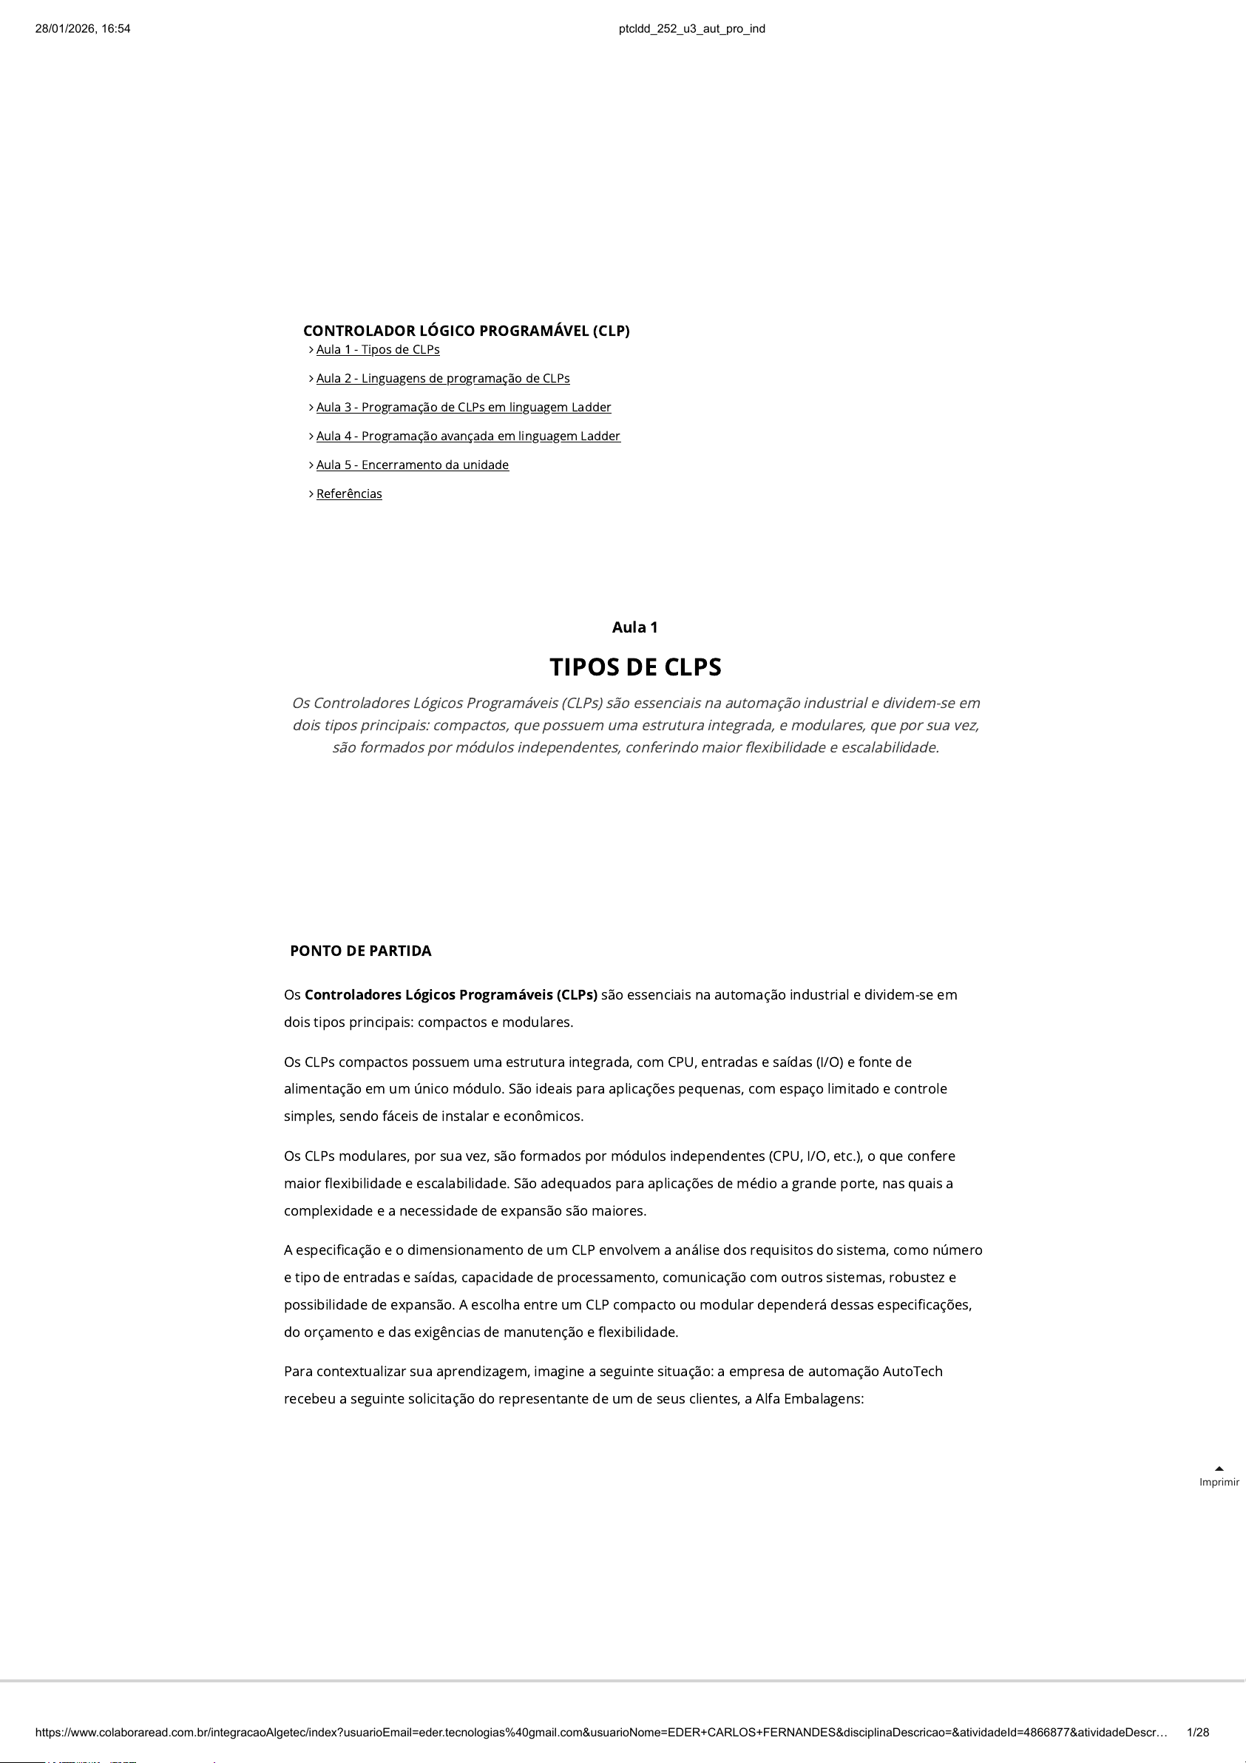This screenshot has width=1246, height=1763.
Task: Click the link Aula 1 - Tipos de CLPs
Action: pyautogui.click(x=378, y=350)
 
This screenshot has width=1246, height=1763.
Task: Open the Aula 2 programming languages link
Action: pyautogui.click(x=443, y=379)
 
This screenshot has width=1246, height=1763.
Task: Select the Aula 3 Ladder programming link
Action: pyautogui.click(x=464, y=408)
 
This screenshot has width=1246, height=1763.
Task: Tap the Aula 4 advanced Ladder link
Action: pyautogui.click(x=468, y=436)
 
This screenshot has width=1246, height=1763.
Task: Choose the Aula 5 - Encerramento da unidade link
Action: pyautogui.click(x=413, y=465)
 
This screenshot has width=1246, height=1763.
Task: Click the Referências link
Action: pyautogui.click(x=349, y=493)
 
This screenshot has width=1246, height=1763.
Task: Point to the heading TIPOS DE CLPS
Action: pyautogui.click(x=635, y=667)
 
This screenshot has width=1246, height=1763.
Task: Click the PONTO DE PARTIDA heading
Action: pyautogui.click(x=361, y=951)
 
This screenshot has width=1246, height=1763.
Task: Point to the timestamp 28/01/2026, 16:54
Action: pyautogui.click(x=83, y=29)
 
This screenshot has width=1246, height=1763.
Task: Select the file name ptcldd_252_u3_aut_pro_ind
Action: pyautogui.click(x=691, y=29)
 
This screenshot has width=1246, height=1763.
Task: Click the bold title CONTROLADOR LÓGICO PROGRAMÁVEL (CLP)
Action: pyautogui.click(x=466, y=331)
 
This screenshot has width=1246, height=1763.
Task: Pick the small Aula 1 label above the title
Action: pyautogui.click(x=635, y=627)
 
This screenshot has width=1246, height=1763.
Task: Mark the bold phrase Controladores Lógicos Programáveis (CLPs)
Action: pyautogui.click(x=450, y=995)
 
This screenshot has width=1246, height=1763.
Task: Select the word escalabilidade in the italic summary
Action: pyautogui.click(x=889, y=748)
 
